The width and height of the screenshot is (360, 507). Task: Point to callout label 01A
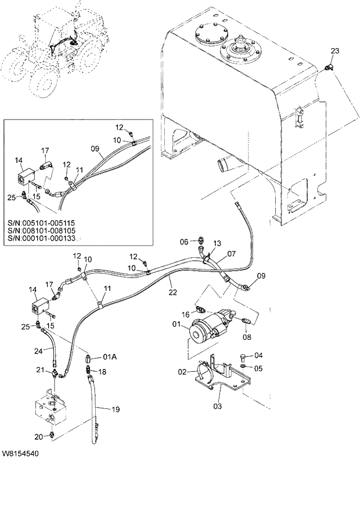click(x=110, y=357)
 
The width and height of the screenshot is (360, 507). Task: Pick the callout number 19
click(x=116, y=409)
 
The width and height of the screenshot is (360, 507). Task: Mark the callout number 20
click(x=39, y=436)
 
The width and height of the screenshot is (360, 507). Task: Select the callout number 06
click(x=183, y=242)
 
